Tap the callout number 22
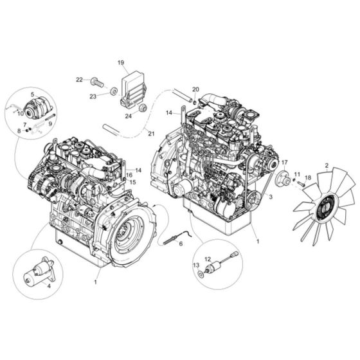(79, 80)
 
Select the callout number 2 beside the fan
(327, 166)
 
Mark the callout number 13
(197, 265)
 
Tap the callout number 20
(195, 89)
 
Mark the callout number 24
(128, 117)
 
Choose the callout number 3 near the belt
(271, 199)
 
